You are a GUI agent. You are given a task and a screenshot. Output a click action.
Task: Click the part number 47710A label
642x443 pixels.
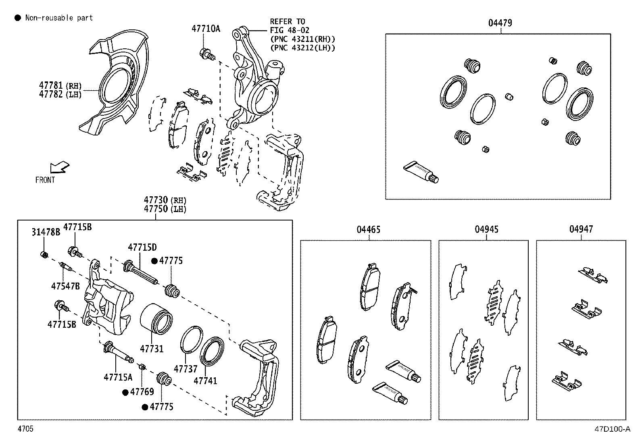[206, 29]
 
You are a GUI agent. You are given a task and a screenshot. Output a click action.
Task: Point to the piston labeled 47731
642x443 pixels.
[157, 318]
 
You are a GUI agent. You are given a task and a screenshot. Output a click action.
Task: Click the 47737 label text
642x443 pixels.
[186, 369]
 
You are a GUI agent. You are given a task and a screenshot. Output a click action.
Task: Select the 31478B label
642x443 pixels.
[46, 232]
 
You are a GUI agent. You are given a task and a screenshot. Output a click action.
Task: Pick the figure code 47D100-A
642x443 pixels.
[612, 429]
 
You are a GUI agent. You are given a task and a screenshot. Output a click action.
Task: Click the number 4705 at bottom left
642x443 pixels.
[25, 429]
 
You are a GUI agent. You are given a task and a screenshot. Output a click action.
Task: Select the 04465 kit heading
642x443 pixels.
[368, 230]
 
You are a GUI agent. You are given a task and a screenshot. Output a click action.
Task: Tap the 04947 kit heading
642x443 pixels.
[581, 229]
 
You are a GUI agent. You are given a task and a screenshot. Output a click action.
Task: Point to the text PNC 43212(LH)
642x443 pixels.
[302, 48]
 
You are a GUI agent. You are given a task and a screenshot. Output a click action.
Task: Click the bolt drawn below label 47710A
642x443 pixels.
[206, 54]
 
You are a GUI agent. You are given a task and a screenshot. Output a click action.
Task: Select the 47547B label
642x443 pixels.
[65, 286]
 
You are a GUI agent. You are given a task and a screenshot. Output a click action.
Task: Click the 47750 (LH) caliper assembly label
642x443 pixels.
[165, 209]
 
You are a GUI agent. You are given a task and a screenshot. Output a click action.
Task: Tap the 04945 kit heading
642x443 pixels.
[486, 230]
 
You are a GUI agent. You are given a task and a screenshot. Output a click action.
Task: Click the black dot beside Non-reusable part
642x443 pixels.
[17, 18]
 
